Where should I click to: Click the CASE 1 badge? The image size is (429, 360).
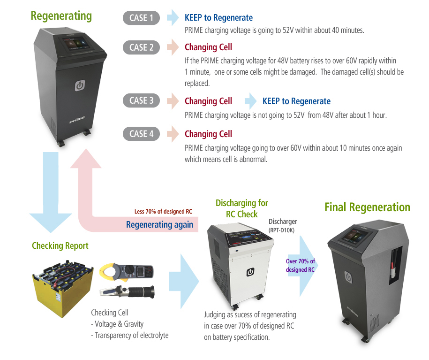tap(141, 18)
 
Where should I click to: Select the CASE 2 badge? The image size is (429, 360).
tap(141, 47)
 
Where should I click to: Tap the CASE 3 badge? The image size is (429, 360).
tap(141, 101)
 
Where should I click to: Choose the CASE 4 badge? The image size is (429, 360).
tap(141, 134)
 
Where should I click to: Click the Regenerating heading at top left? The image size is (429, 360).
tap(61, 15)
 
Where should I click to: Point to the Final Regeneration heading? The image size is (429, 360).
tap(367, 207)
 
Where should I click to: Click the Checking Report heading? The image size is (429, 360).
tap(60, 245)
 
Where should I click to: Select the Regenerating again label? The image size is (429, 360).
tap(159, 224)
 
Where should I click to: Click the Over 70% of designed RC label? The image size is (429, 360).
tap(301, 265)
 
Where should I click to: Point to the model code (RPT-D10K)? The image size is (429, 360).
tap(283, 230)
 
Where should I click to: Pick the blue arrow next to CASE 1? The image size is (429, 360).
tap(173, 17)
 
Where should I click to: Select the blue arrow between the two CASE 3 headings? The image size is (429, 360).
tap(250, 101)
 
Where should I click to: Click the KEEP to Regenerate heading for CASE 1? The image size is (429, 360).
tap(218, 18)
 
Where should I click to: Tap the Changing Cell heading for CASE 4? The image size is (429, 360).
tap(208, 134)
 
